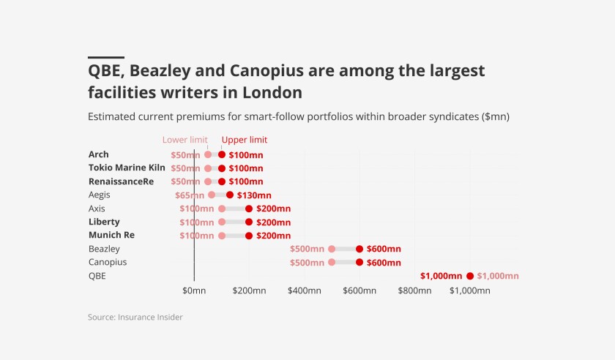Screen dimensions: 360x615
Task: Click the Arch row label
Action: coord(98,154)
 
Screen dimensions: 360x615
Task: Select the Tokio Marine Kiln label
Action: coord(122,168)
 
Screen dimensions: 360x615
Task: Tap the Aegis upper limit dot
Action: coord(230,195)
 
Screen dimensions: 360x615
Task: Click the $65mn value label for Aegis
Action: coord(190,195)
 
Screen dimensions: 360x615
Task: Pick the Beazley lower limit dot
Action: coord(332,249)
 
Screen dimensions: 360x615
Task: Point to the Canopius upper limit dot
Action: coord(359,262)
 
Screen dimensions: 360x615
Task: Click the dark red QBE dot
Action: coord(470,276)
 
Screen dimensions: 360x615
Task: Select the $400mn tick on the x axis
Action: coord(304,290)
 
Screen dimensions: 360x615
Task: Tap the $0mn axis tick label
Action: coord(194,290)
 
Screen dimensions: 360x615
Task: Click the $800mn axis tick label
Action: coord(414,290)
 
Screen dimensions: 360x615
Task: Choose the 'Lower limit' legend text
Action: coord(185,140)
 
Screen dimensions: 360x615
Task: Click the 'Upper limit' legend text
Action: coord(245,140)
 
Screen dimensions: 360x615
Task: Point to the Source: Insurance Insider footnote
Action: coord(135,318)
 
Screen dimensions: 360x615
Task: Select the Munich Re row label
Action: coord(111,235)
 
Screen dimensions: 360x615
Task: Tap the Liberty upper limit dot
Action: coord(249,222)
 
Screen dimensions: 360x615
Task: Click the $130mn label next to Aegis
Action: coord(254,195)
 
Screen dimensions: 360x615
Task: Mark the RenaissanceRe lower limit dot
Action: coord(208,181)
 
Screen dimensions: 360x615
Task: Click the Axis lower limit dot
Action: coord(222,209)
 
